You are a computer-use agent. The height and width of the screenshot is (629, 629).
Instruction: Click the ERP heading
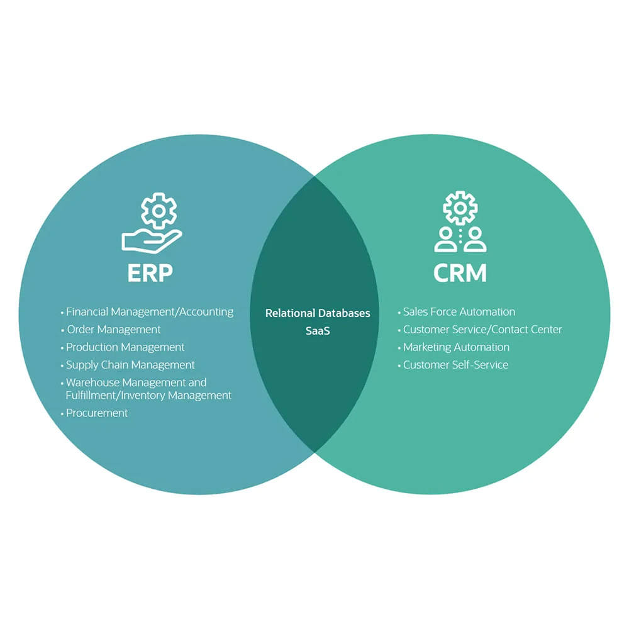[x=150, y=273]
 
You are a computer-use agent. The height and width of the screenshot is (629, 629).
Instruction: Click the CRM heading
[x=460, y=273]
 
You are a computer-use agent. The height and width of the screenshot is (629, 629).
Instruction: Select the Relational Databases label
[x=318, y=313]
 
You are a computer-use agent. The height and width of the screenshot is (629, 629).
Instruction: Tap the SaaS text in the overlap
[x=318, y=331]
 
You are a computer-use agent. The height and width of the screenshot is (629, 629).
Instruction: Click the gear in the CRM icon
[x=460, y=208]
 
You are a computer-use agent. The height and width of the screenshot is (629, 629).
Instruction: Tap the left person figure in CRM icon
[x=445, y=240]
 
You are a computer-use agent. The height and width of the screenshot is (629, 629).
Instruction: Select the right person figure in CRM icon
[x=476, y=240]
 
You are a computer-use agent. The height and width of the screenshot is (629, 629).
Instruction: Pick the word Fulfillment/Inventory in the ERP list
[x=118, y=396]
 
